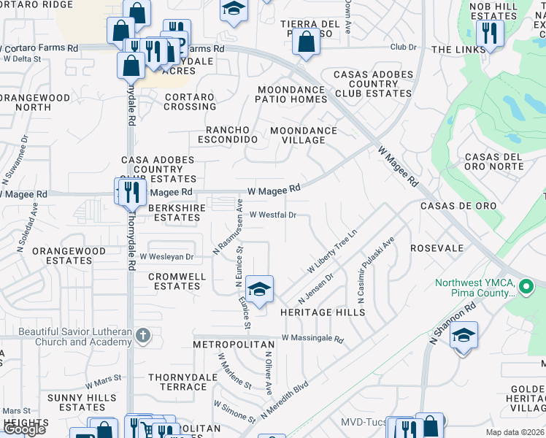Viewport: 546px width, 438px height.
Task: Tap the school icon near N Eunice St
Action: (259, 289)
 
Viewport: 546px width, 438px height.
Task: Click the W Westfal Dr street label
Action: (273, 215)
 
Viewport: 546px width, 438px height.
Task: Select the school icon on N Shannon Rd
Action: (464, 335)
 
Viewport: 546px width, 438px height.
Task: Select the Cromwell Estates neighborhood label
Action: (174, 281)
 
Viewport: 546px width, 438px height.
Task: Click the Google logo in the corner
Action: (25, 429)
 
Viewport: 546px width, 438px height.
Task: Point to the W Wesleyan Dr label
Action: (166, 257)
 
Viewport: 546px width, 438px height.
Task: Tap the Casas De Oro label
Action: (458, 206)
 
